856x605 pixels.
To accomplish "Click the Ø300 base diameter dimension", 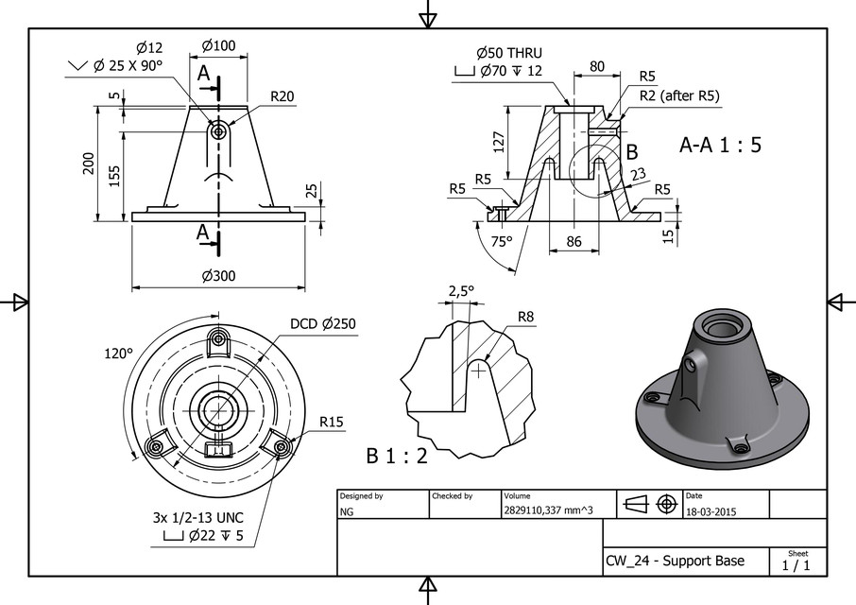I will click(217, 276).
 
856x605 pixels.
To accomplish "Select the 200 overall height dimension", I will click(87, 162).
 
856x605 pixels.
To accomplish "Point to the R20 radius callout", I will click(282, 96).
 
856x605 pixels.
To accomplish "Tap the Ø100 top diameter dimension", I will click(219, 46).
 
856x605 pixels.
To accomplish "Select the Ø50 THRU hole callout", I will click(509, 53).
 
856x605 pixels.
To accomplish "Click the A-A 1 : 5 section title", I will click(720, 146).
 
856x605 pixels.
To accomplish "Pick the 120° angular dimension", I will click(117, 353).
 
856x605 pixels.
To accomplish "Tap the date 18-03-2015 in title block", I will click(710, 511).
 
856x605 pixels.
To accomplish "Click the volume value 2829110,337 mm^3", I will click(548, 511).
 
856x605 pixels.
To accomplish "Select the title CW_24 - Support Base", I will click(675, 561).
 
